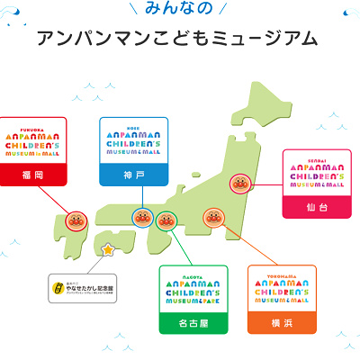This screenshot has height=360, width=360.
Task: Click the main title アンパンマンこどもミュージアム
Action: pos(179,40)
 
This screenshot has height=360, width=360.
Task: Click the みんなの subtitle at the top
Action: pos(179,9)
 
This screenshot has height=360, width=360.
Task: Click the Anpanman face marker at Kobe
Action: pos(142,217)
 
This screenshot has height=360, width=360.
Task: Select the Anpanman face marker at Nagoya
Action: pos(166,219)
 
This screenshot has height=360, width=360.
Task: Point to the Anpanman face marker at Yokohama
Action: pos(212,217)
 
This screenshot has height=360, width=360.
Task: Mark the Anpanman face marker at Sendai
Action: pos(239,184)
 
